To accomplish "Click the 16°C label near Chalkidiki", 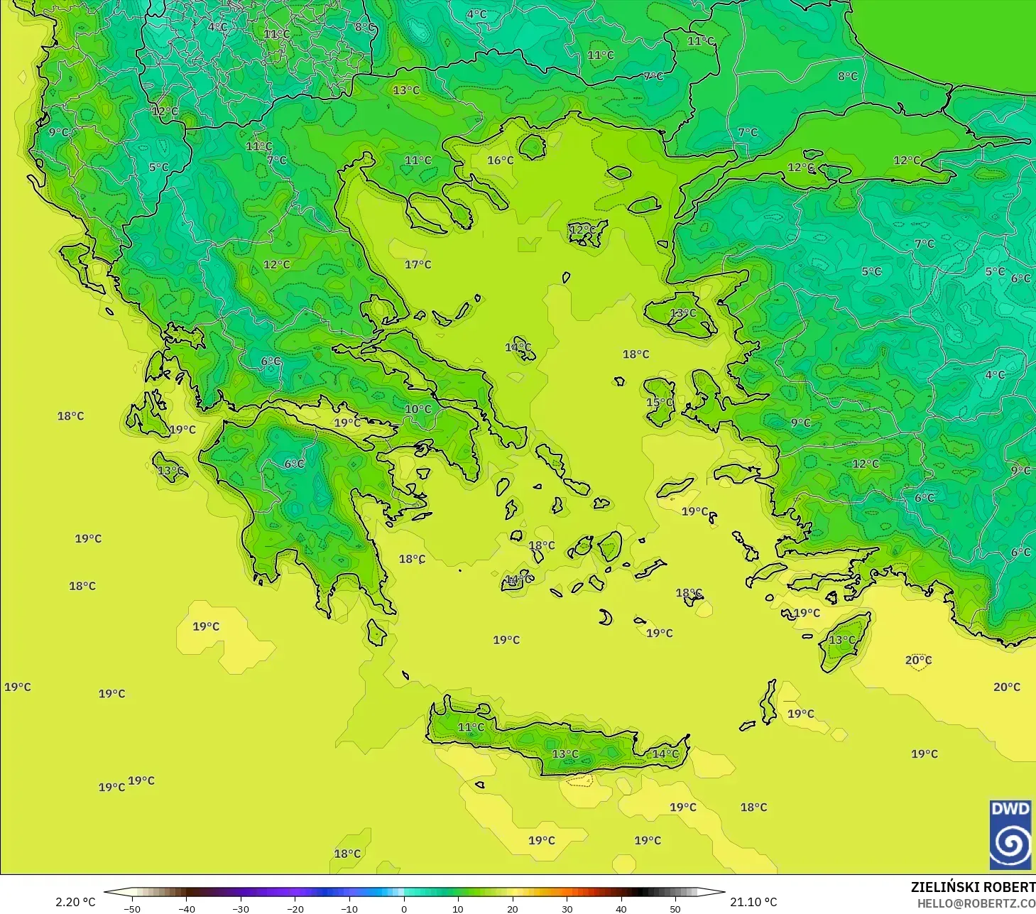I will point(500,161).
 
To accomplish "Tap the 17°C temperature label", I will point(418,265).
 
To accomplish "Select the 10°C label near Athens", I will point(418,409).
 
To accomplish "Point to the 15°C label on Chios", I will point(659,403).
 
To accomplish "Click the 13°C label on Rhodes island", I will point(842,640).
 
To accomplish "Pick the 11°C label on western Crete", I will point(471,727).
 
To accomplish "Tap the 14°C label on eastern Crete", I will point(665,754).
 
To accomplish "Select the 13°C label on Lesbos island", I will point(683,313).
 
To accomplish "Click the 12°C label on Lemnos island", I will point(582,229).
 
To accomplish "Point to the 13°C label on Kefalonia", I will point(170,471).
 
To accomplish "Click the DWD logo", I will point(1010,835).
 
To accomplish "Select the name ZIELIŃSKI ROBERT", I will point(973,887).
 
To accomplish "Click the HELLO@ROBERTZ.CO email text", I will point(976,904).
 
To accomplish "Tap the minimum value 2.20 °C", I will point(75,902).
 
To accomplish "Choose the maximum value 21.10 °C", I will point(753,902).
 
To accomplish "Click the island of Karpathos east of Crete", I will point(768,701).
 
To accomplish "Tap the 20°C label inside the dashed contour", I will point(917,660).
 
